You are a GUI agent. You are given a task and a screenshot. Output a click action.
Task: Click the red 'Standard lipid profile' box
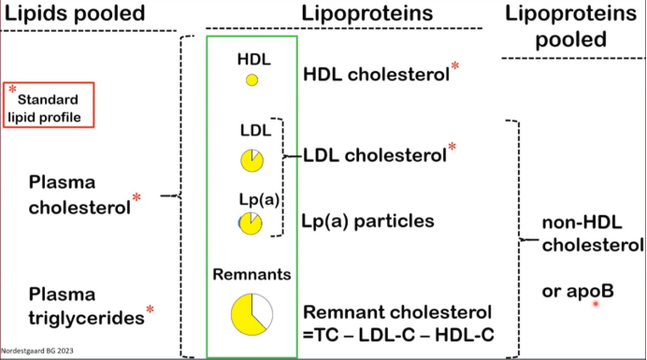click(51, 104)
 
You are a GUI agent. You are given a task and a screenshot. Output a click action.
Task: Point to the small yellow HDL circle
click(252, 79)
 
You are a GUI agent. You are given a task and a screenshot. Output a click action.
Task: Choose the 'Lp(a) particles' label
click(367, 222)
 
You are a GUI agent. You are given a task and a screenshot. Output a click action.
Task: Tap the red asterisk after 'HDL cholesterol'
click(455, 66)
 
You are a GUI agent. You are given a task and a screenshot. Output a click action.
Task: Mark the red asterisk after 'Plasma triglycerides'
click(150, 310)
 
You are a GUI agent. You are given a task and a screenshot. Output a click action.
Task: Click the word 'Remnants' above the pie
click(252, 276)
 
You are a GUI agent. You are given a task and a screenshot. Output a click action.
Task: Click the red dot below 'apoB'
click(595, 304)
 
